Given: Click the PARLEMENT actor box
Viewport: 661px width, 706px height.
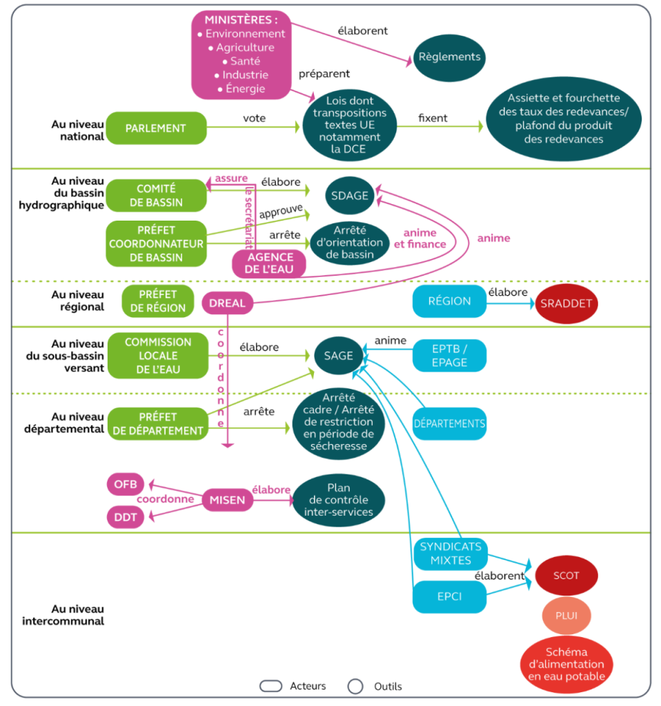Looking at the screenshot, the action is (x=156, y=128).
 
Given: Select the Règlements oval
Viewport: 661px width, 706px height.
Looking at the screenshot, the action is (x=449, y=58).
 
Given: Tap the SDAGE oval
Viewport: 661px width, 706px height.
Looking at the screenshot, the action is (x=350, y=195).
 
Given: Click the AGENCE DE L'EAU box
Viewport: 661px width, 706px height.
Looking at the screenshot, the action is (x=269, y=263).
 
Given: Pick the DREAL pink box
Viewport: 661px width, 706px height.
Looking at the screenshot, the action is (x=227, y=303).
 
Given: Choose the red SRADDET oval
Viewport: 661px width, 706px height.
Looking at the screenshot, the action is (x=566, y=303).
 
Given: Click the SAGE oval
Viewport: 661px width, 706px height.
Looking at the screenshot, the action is (x=338, y=356).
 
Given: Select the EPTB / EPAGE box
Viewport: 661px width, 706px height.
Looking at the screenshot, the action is (x=449, y=356).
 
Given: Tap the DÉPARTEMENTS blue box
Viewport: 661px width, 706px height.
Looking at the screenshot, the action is (x=449, y=424).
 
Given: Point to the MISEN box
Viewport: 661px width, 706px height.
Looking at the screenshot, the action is (x=227, y=500).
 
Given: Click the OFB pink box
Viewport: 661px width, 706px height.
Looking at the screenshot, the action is (x=126, y=485).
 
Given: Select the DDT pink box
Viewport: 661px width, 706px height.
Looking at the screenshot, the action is (x=126, y=517).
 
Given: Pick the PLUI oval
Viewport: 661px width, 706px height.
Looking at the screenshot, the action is (x=566, y=616).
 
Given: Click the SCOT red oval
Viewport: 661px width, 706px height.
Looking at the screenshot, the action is (x=566, y=576).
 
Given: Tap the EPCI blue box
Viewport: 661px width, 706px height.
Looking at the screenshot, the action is (x=449, y=596).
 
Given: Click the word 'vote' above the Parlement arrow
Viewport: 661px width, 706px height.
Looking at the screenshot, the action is (x=254, y=118).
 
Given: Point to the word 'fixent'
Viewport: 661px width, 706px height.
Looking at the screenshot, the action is (x=433, y=118).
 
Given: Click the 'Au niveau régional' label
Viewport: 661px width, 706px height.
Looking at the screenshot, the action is (x=77, y=301).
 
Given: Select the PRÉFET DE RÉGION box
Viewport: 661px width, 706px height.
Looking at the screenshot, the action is (x=158, y=301).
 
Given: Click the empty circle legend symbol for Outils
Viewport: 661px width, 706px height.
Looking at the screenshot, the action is (x=355, y=686).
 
